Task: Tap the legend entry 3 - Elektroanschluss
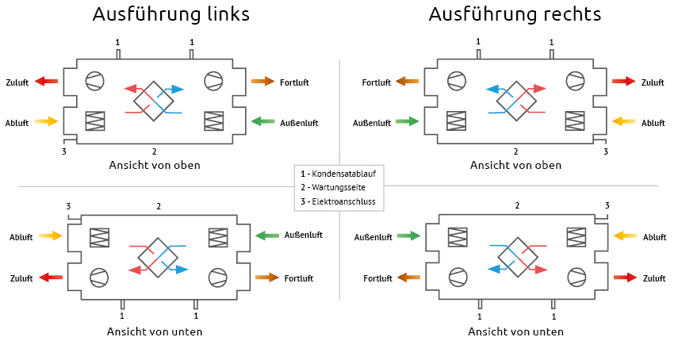coord(339,202)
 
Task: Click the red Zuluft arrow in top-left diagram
coord(47,81)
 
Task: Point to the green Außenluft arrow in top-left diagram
coord(263,121)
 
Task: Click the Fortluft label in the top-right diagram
coord(377,82)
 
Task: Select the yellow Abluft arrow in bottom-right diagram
coord(626,236)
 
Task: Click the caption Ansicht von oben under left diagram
coord(155,165)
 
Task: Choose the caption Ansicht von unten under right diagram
coord(515,331)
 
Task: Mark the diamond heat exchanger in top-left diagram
coord(153,101)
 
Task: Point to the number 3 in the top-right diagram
coord(605,151)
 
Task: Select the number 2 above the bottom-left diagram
coord(159,206)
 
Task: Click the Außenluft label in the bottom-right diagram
coord(373,236)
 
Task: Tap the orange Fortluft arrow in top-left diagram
coord(263,81)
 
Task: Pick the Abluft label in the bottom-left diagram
coord(21,237)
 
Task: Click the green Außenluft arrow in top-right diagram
coord(408,121)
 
